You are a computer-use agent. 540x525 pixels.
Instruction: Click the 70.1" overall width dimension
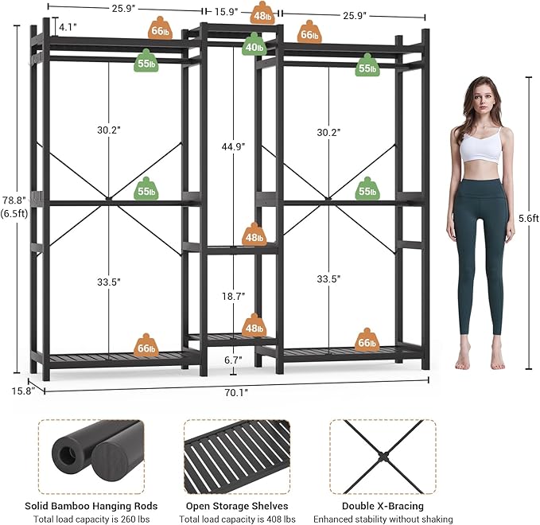(237, 391)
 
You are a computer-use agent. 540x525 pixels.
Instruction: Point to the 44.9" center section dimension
(233, 146)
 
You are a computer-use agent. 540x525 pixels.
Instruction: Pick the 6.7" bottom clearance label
(233, 360)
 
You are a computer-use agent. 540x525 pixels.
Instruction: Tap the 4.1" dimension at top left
(67, 27)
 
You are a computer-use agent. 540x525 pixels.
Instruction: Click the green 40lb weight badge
(254, 45)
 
